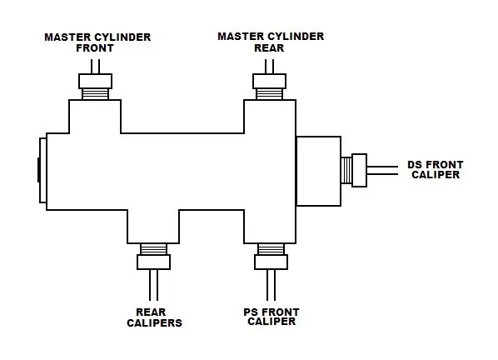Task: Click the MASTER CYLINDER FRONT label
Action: coord(97,42)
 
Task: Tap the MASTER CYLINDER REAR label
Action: coord(271,42)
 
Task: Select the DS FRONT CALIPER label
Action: coord(436,170)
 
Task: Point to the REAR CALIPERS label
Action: coord(154,317)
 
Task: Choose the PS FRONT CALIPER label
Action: coord(271,317)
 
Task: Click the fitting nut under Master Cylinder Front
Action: coord(95,82)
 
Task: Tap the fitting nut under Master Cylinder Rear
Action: coord(269,82)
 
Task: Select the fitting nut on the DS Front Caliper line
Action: coord(360,170)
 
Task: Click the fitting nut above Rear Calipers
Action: coord(154,262)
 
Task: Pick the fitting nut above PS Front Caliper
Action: coord(271,262)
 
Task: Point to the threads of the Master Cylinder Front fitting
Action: coord(95,94)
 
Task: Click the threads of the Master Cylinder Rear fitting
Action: coord(269,94)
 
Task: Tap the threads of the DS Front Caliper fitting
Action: coord(346,170)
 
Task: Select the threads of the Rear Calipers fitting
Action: coord(154,249)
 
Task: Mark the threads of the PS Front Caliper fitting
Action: coord(271,249)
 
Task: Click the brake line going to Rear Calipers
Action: coord(154,285)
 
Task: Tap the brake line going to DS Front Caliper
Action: coord(382,170)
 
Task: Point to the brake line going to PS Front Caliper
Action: coord(271,285)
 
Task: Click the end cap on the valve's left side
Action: coord(42,170)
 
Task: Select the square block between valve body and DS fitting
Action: coord(319,172)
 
